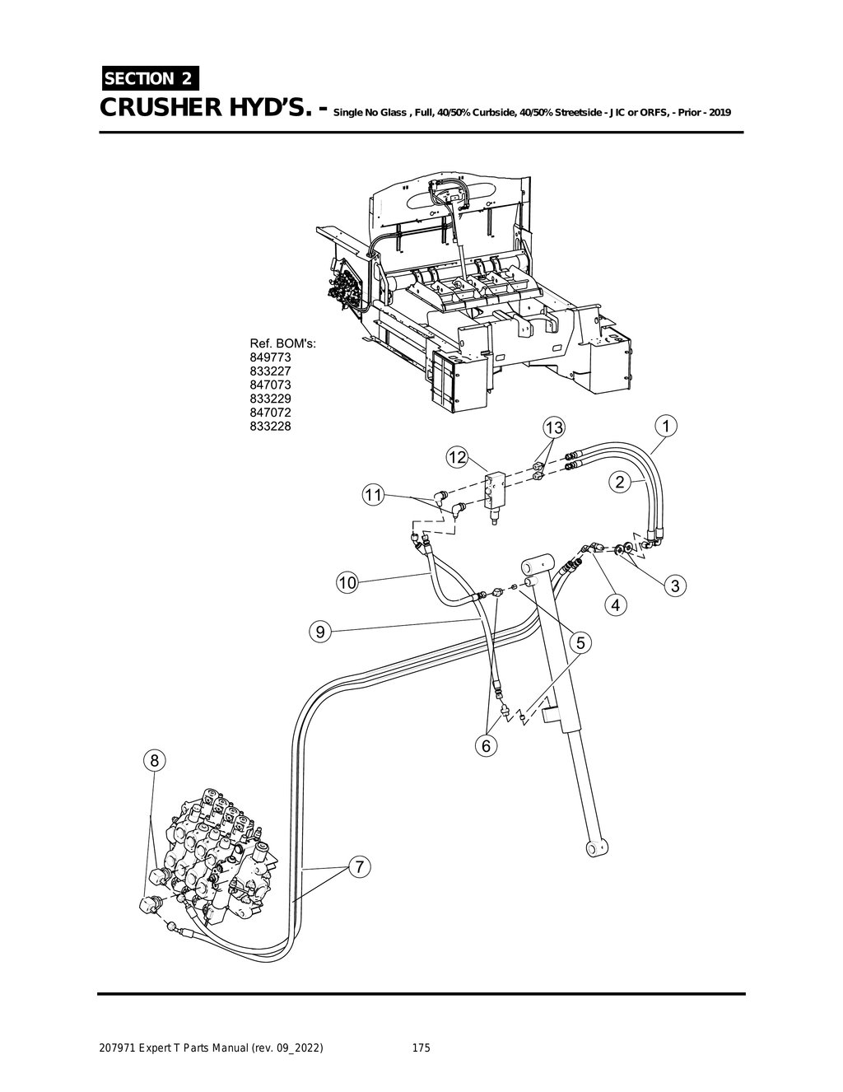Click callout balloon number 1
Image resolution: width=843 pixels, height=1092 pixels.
[664, 426]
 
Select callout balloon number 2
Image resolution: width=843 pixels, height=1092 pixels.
[619, 483]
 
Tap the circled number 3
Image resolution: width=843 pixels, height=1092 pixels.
[674, 586]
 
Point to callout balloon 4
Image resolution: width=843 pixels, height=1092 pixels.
[615, 605]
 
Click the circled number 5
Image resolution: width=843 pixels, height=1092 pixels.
[580, 642]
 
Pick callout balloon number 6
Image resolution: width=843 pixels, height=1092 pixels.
[486, 745]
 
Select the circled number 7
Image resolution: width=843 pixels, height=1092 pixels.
[359, 867]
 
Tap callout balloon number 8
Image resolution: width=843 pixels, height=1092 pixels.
[154, 759]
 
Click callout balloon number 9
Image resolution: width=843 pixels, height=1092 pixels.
[320, 632]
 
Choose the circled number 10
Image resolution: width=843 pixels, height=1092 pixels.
[347, 583]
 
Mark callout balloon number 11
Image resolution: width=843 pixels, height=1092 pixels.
[374, 495]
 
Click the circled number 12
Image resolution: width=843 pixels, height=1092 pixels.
[458, 457]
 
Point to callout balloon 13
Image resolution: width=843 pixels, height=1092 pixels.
[554, 427]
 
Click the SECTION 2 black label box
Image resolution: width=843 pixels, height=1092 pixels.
[149, 79]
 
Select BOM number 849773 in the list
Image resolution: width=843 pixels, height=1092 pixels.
[270, 357]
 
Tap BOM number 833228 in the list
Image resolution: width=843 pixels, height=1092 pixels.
[270, 426]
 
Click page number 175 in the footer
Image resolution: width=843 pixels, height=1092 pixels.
[421, 1048]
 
